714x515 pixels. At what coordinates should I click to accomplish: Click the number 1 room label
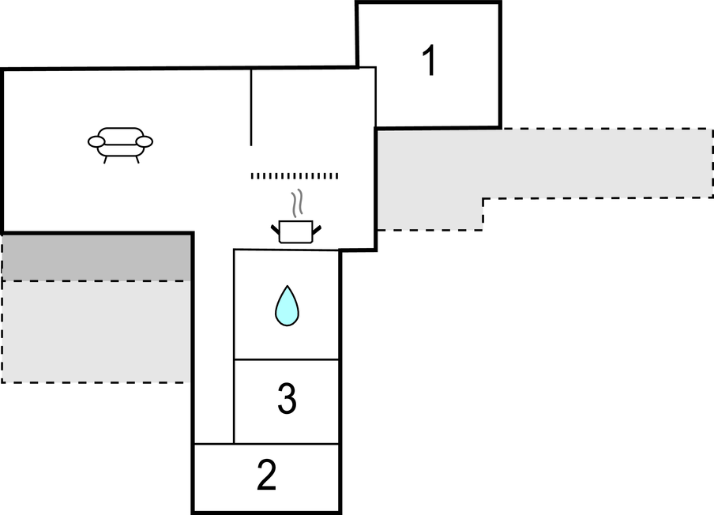(x=429, y=62)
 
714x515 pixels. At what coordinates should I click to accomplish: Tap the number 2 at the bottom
(x=267, y=476)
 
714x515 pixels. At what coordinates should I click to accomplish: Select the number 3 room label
(x=287, y=400)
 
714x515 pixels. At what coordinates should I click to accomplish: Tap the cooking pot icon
(x=296, y=231)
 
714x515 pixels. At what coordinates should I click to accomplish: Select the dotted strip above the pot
(x=295, y=175)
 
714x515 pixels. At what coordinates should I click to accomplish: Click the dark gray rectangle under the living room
(x=97, y=257)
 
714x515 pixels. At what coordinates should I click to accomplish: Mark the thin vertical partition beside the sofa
(x=251, y=107)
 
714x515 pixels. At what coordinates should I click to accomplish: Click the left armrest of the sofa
(x=96, y=141)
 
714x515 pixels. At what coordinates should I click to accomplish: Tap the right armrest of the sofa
(x=145, y=141)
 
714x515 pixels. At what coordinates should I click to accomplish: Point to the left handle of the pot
(x=275, y=229)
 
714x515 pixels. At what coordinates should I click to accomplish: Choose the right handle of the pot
(x=318, y=229)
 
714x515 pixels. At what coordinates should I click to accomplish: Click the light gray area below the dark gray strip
(x=97, y=332)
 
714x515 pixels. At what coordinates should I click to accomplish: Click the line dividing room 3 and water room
(x=287, y=359)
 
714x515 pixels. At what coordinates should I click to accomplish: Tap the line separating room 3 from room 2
(x=287, y=444)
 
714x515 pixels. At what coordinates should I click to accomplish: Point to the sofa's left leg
(x=105, y=159)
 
